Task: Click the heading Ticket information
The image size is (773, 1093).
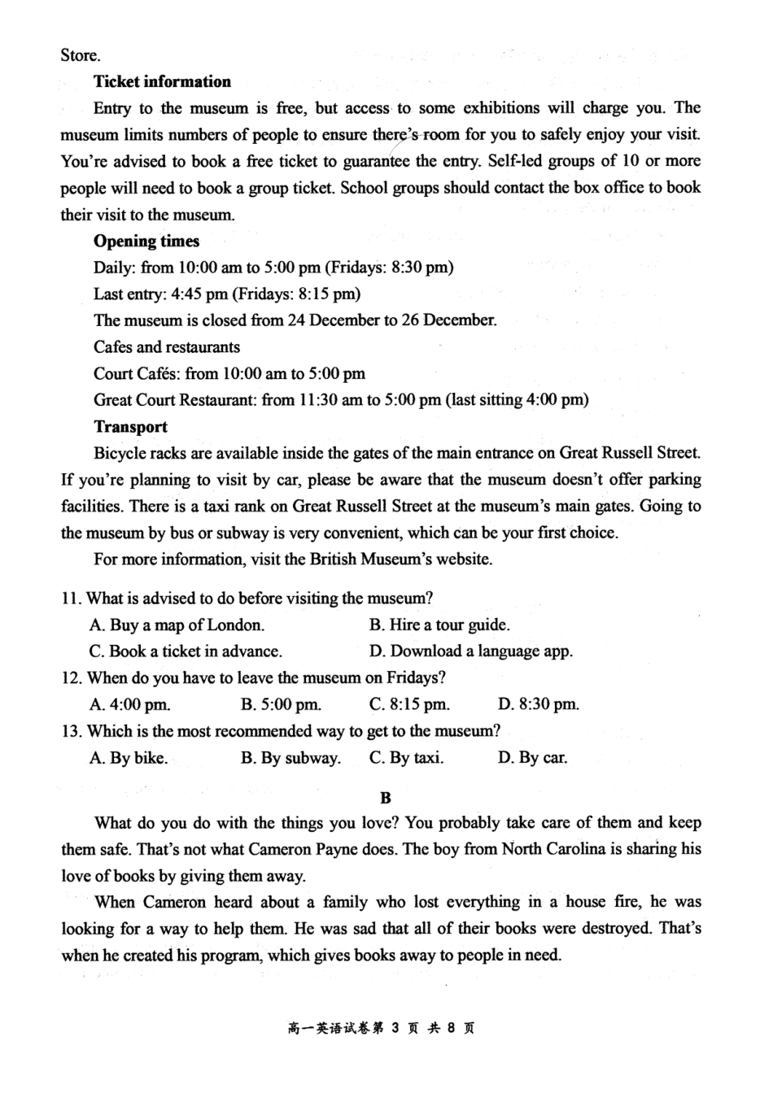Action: [162, 81]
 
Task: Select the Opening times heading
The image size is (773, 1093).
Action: [146, 241]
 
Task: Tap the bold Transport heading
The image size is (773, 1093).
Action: [130, 427]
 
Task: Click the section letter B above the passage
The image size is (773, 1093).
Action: [386, 799]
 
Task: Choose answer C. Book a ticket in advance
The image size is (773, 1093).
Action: [186, 651]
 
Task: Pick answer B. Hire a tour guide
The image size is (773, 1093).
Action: [439, 625]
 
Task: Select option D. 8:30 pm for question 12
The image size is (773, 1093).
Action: [538, 704]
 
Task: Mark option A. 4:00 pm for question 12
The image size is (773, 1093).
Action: [130, 704]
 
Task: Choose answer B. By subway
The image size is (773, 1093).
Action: [290, 758]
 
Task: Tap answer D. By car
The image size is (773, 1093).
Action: [532, 758]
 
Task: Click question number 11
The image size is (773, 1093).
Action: [72, 599]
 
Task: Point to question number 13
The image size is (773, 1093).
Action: [72, 731]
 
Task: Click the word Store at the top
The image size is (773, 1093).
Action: [80, 55]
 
